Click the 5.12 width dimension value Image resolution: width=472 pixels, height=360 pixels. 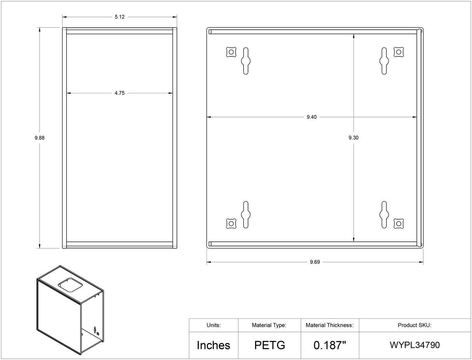pyautogui.click(x=119, y=17)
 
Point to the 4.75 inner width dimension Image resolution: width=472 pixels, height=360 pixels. pyautogui.click(x=119, y=93)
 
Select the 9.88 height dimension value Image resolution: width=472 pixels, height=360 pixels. pyautogui.click(x=39, y=138)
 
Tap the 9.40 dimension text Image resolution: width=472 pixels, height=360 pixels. pyautogui.click(x=311, y=117)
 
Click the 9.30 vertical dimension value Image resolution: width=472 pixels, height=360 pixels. pyautogui.click(x=353, y=138)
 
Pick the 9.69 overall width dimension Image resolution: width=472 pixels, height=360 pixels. pyautogui.click(x=315, y=262)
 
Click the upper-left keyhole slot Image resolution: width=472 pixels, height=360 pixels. pyautogui.click(x=246, y=61)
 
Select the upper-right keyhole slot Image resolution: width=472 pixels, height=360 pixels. pyautogui.click(x=384, y=61)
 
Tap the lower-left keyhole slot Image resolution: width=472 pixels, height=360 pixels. pyautogui.click(x=246, y=214)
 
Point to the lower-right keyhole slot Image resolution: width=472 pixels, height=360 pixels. pyautogui.click(x=384, y=214)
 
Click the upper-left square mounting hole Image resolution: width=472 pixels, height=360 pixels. pyautogui.click(x=231, y=52)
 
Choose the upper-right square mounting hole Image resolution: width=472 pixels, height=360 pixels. pyautogui.click(x=399, y=52)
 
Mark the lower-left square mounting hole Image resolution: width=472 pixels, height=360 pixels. pyautogui.click(x=231, y=224)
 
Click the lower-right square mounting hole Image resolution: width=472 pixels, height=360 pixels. pyautogui.click(x=399, y=224)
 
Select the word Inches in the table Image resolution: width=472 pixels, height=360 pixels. pyautogui.click(x=213, y=345)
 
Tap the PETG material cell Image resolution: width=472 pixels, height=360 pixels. pyautogui.click(x=269, y=345)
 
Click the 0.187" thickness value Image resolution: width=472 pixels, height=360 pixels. pyautogui.click(x=330, y=345)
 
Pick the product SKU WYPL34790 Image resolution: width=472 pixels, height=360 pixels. pyautogui.click(x=414, y=345)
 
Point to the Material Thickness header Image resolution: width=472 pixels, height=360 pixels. pyautogui.click(x=330, y=325)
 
